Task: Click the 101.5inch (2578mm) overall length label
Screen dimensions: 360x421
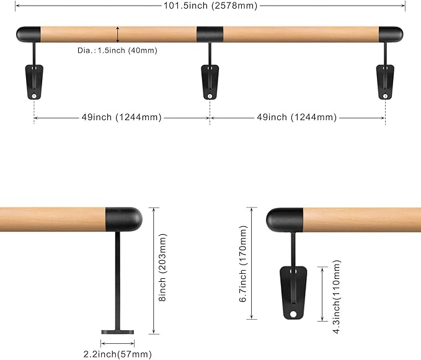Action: point(210,6)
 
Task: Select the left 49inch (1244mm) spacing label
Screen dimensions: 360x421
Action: point(122,117)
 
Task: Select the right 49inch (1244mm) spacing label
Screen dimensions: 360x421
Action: point(297,117)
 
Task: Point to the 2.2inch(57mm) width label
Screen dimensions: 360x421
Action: point(118,354)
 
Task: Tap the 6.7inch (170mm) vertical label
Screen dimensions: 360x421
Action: point(242,263)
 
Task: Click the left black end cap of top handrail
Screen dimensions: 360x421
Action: point(29,33)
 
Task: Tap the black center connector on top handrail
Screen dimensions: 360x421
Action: point(210,33)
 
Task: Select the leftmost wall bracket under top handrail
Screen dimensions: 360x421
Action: point(33,81)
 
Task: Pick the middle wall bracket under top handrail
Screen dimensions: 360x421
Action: point(210,81)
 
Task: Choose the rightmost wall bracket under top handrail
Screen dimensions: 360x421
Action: point(386,81)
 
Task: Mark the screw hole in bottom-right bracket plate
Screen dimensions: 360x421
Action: point(293,314)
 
